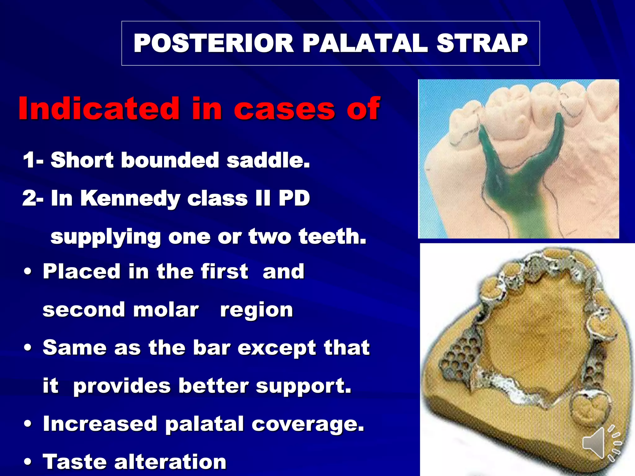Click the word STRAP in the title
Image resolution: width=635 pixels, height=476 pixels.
[482, 43]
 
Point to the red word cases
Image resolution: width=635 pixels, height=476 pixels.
[284, 109]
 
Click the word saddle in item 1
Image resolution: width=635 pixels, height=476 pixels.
[268, 160]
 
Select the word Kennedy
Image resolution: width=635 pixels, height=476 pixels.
[130, 198]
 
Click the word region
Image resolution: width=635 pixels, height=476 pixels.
[256, 310]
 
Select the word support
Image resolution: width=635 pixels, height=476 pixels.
[304, 386]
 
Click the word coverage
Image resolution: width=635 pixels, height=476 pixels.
[308, 424]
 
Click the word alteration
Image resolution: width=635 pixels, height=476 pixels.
[170, 461]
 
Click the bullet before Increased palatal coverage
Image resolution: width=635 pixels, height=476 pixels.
[28, 424]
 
